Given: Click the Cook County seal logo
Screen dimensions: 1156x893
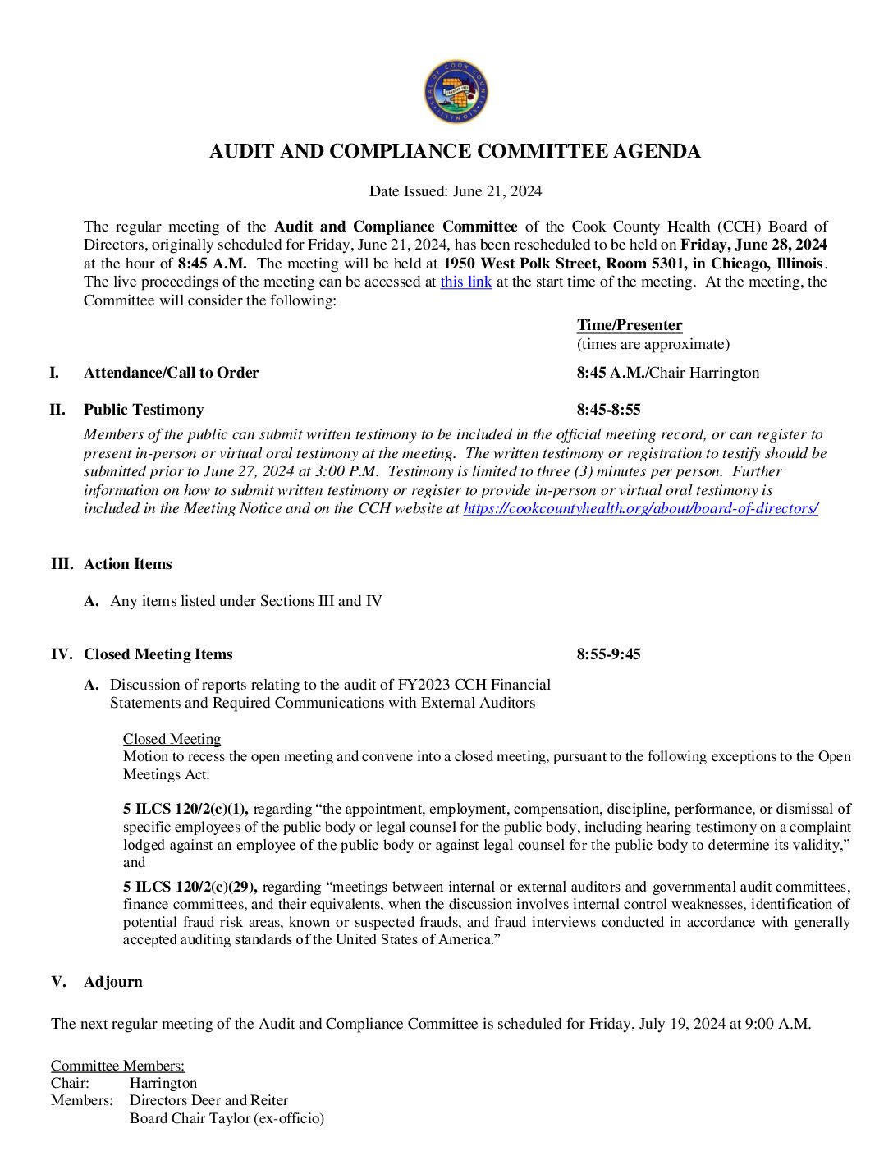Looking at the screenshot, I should coord(456,91).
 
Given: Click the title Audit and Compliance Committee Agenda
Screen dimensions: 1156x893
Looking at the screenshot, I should coord(455,152).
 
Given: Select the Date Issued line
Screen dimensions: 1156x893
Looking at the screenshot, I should coord(455,191).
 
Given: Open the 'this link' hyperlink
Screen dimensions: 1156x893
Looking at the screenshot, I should coord(465,282).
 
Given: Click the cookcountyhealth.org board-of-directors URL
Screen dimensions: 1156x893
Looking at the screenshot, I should coord(640,508).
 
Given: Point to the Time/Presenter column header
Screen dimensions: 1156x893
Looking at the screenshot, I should coord(630,325).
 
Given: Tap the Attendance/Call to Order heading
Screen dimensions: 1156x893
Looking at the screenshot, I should coord(171,373).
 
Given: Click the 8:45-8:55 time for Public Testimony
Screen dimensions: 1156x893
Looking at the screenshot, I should coord(608,410).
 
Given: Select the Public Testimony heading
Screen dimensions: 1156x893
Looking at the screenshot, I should coord(144,410).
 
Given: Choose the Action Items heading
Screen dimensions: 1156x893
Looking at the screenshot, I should coord(128,564).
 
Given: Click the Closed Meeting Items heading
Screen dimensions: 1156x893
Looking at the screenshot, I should coord(158,654).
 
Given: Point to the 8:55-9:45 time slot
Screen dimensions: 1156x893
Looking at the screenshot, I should coord(608,654).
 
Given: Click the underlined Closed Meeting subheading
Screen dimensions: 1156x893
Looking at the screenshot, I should coord(172,739).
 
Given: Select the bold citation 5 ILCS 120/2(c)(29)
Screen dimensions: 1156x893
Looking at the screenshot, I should coord(190,887).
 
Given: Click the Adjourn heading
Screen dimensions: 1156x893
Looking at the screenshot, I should coord(113,982).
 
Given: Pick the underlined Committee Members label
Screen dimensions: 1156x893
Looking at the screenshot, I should coord(117,1066).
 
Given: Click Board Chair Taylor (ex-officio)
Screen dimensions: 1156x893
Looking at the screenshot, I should coord(227,1118).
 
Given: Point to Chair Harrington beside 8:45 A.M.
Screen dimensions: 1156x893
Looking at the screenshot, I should coord(704,373).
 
